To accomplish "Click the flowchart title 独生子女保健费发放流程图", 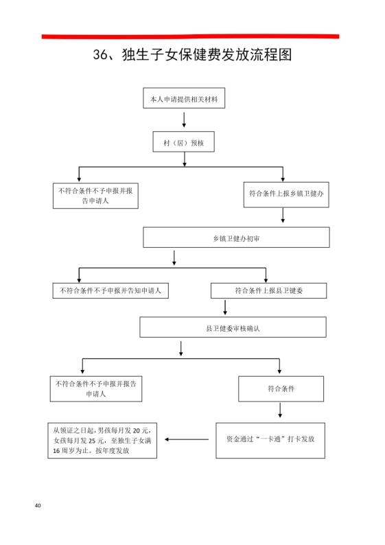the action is click(x=207, y=55).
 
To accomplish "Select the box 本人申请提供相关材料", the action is click(x=184, y=98).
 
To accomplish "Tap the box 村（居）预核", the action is click(x=183, y=142).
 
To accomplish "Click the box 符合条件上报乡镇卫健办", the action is click(x=286, y=195).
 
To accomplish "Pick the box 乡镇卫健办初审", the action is click(x=236, y=237).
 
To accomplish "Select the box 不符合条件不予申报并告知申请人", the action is click(x=110, y=290).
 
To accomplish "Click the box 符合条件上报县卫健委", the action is click(x=268, y=290).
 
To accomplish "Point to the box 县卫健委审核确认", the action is click(x=233, y=327).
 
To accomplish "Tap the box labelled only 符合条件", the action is click(x=281, y=389).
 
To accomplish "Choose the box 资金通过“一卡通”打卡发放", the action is click(x=270, y=441).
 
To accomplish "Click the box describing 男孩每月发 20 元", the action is click(x=102, y=441).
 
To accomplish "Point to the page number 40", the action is click(x=38, y=505).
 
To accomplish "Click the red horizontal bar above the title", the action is click(x=190, y=36).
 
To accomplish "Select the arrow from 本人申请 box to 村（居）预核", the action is click(x=184, y=119).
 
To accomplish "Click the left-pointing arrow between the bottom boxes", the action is click(x=187, y=439).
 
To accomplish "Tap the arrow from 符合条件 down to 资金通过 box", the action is click(x=280, y=410).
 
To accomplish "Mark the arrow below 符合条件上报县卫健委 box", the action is click(x=225, y=308).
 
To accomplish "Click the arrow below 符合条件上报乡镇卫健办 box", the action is click(x=283, y=216).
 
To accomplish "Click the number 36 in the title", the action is click(x=100, y=55).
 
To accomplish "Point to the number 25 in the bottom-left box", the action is click(x=92, y=441).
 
